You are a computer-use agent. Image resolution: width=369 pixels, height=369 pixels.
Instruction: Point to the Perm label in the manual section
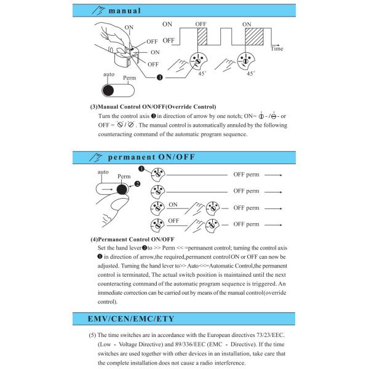(129, 79)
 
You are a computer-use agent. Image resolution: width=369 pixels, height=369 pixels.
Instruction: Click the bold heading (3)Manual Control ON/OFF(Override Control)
(153, 107)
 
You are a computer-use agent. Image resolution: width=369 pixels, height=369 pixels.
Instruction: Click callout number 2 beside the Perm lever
(137, 184)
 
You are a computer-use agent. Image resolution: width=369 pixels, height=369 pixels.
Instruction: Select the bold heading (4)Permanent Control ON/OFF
(132, 239)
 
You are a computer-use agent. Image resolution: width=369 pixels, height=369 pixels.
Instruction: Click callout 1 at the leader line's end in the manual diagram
(159, 77)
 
